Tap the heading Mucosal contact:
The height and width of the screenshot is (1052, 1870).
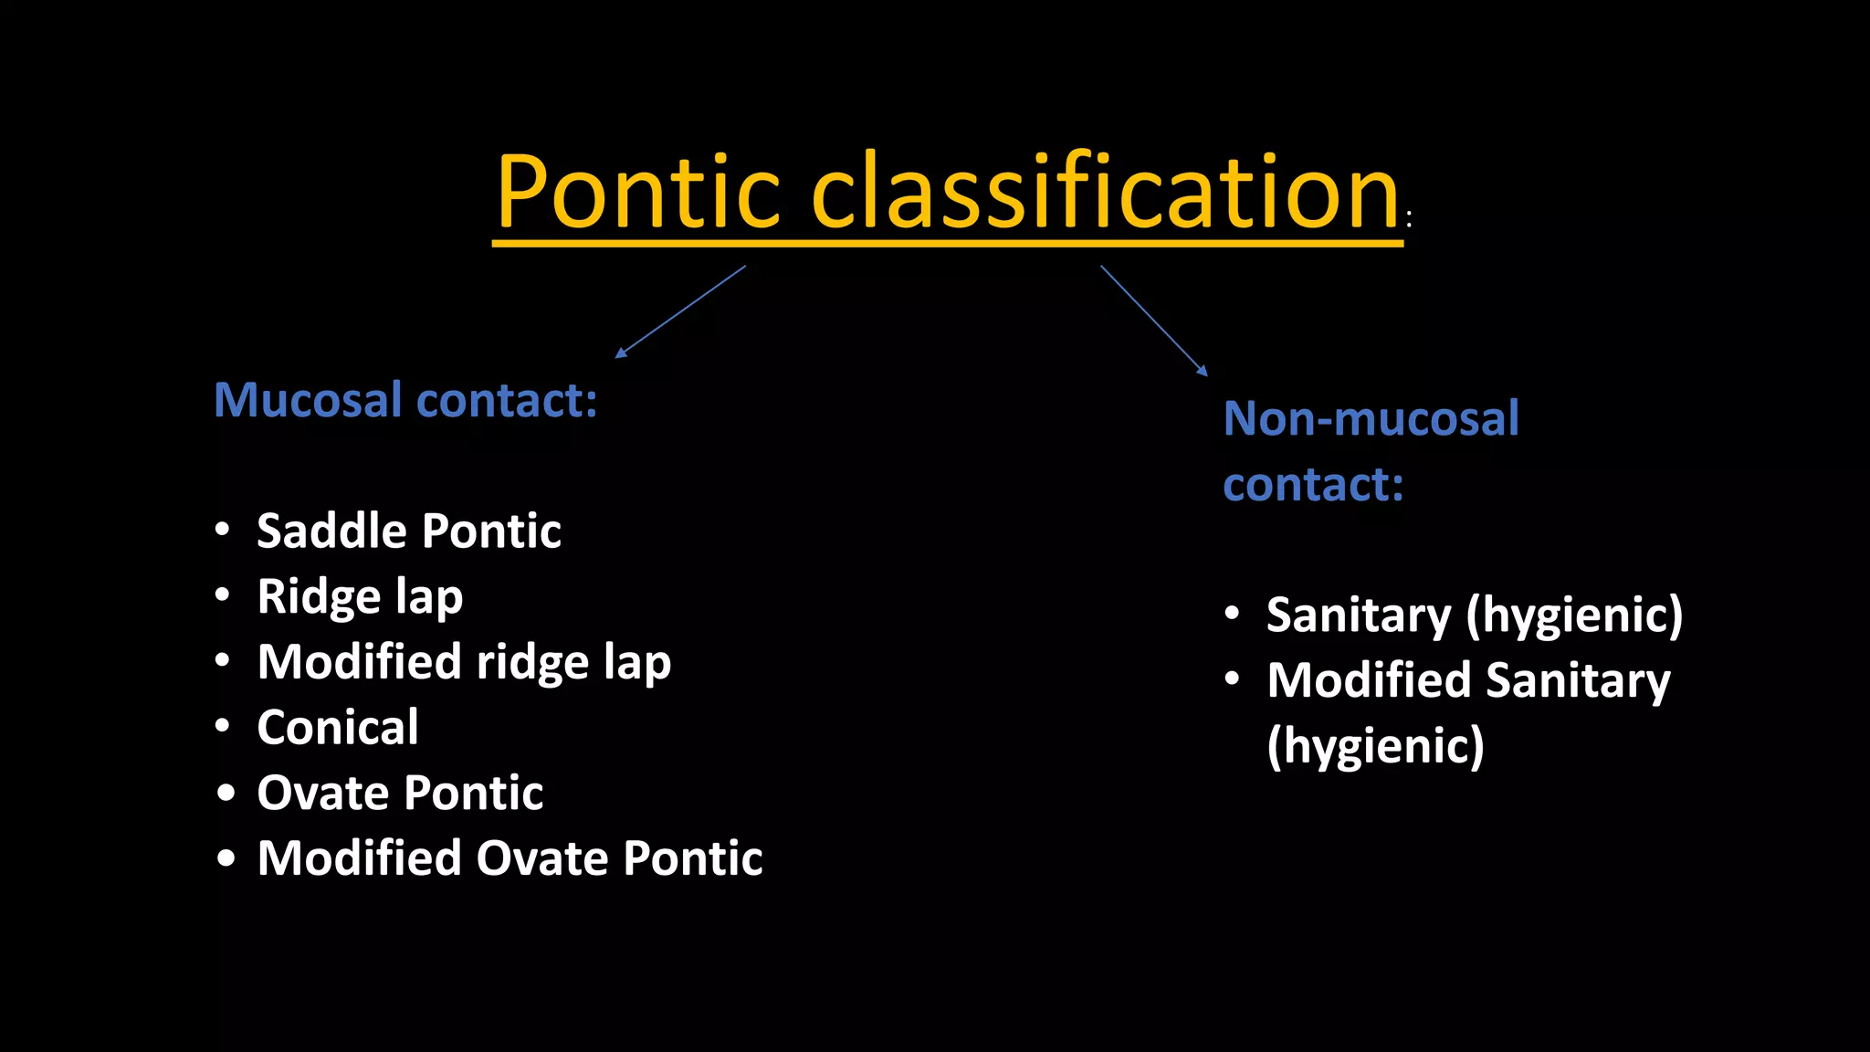[x=405, y=400]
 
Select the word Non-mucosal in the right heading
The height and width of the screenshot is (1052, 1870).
[x=1371, y=418]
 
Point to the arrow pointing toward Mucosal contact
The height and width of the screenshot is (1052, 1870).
[x=680, y=311]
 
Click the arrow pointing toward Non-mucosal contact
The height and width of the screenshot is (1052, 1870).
[x=1154, y=321]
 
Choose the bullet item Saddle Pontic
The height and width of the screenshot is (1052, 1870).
[x=408, y=531]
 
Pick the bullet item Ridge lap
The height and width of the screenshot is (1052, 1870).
[x=360, y=597]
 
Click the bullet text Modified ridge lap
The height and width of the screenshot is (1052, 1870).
[x=464, y=662]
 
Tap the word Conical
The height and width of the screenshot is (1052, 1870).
[x=338, y=728]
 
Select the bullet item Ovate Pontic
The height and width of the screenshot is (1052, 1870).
[x=400, y=793]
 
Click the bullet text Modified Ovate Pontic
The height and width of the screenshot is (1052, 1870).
[x=510, y=858]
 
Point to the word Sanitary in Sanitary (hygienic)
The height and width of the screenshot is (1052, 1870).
[x=1358, y=615]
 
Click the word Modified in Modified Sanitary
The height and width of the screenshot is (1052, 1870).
[x=1370, y=680]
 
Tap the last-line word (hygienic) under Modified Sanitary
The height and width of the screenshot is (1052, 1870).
[x=1375, y=746]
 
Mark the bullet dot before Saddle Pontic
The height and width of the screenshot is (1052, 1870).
[x=223, y=530]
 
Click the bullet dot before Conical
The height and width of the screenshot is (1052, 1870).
[x=223, y=727]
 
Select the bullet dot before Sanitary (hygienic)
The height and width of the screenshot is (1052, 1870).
[x=1233, y=613]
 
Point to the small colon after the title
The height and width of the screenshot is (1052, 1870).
[x=1409, y=218]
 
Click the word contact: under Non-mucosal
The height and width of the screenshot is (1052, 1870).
[x=1313, y=484]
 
